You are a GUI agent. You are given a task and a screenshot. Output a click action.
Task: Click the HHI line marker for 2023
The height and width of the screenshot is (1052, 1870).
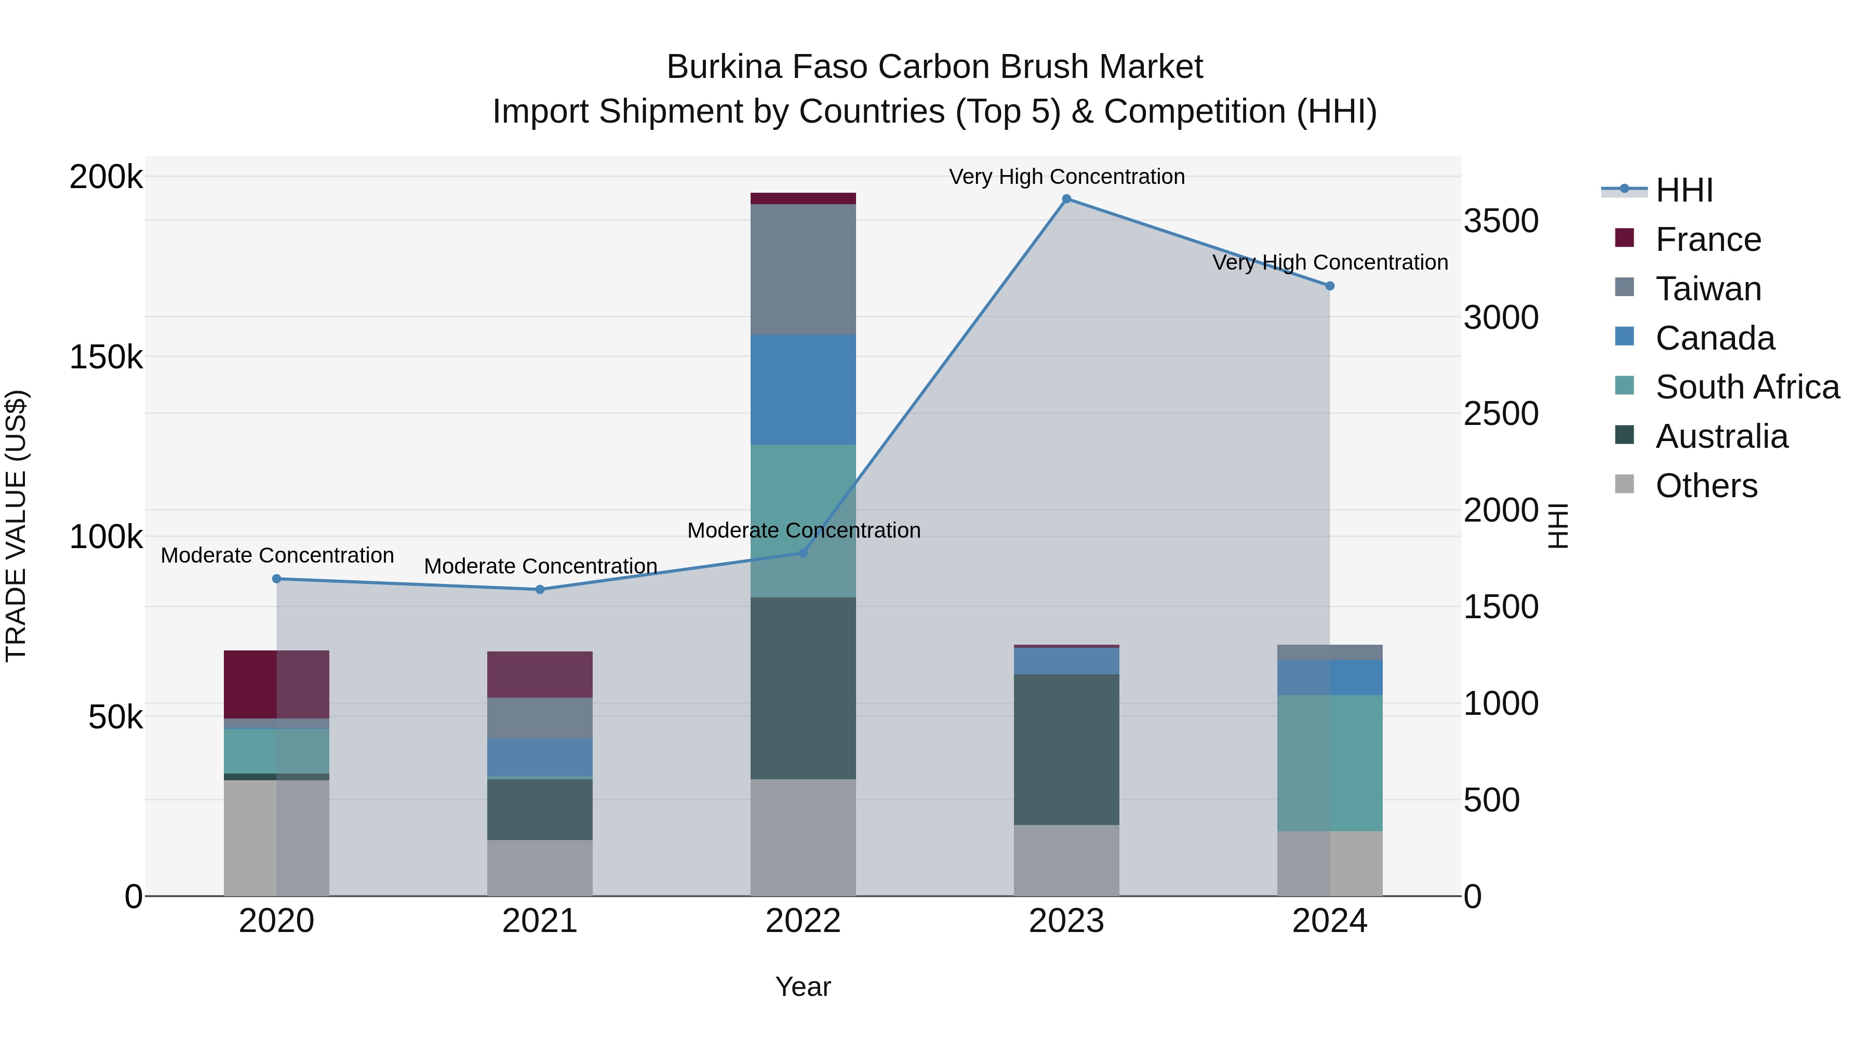click(x=1066, y=199)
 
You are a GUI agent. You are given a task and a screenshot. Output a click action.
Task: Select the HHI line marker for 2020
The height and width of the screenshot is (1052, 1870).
click(x=276, y=579)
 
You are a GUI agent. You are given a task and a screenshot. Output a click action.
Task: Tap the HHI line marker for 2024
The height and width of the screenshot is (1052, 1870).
click(x=1330, y=286)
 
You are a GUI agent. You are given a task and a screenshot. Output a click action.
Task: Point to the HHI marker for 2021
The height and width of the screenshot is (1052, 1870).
click(x=540, y=590)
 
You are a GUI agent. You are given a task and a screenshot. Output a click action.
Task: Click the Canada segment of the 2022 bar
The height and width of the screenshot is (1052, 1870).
click(x=803, y=389)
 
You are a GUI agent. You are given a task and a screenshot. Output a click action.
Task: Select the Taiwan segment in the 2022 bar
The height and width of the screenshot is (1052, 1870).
click(x=803, y=269)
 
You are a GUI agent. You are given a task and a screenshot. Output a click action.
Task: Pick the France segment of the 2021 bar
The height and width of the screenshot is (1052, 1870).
click(x=540, y=674)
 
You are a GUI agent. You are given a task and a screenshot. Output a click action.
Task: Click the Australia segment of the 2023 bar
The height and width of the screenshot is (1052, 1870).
click(x=1066, y=749)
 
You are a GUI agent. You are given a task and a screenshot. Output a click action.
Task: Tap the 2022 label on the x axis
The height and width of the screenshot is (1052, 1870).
click(x=803, y=921)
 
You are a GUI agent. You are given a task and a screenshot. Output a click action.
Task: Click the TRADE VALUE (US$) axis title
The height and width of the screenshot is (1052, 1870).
click(x=16, y=526)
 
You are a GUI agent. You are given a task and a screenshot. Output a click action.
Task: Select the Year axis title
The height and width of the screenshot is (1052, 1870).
click(x=803, y=987)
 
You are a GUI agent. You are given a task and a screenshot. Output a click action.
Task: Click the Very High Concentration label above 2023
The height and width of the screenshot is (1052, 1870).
click(x=1066, y=177)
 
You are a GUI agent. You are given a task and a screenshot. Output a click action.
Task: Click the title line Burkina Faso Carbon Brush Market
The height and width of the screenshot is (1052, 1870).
click(x=934, y=67)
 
